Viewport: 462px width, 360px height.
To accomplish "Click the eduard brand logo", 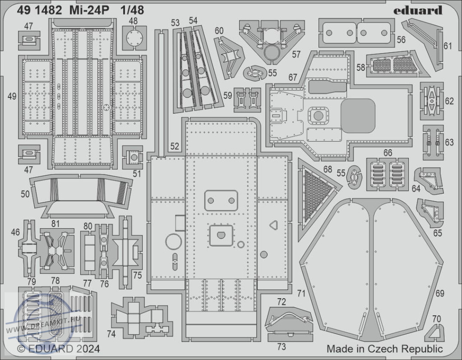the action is pos(417,11).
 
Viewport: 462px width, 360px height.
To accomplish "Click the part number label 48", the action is pos(133,21).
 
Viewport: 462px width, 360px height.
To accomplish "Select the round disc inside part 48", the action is pos(134,38).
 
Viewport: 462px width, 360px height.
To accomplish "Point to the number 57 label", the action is pos(296,54).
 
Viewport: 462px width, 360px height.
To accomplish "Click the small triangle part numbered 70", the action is pos(436,332).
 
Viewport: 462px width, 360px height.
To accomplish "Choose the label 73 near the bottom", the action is pos(282,347).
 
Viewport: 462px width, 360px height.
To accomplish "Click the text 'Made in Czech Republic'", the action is pos(384,349).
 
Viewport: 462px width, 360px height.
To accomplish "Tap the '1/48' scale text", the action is pos(132,10).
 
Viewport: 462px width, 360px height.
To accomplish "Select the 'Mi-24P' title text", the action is pos(89,10).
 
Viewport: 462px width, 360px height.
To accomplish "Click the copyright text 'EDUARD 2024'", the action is pos(64,349).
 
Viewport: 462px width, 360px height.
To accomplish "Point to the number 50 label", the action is pos(25,194).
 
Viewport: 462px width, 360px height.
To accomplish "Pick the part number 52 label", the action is pos(175,147).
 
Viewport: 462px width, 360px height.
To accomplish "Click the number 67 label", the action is pos(292,77).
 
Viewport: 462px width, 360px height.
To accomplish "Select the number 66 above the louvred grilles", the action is pos(388,152).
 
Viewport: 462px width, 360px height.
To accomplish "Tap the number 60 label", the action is pos(219,31).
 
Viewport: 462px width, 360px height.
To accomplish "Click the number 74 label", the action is pos(111,334).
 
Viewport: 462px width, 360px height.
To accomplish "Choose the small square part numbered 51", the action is pos(133,157).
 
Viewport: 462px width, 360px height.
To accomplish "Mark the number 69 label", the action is pos(439,293).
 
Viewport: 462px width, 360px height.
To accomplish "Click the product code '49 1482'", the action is pos(39,10).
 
